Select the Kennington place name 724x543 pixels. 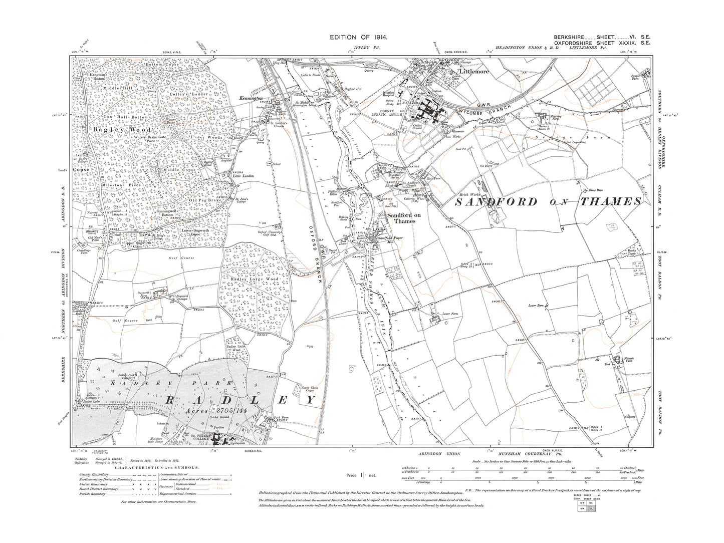point(251,98)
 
